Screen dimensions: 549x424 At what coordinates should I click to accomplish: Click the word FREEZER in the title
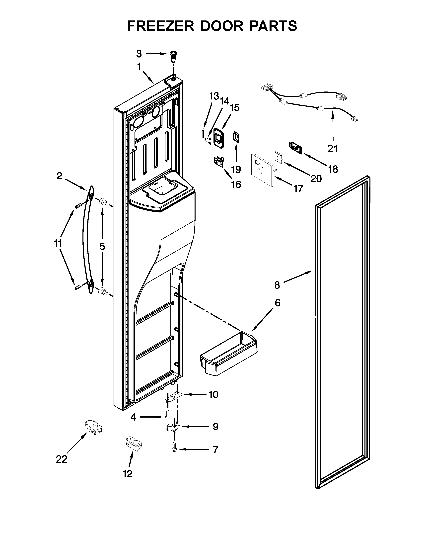161,26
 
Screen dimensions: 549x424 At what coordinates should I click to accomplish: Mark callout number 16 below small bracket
236,184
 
